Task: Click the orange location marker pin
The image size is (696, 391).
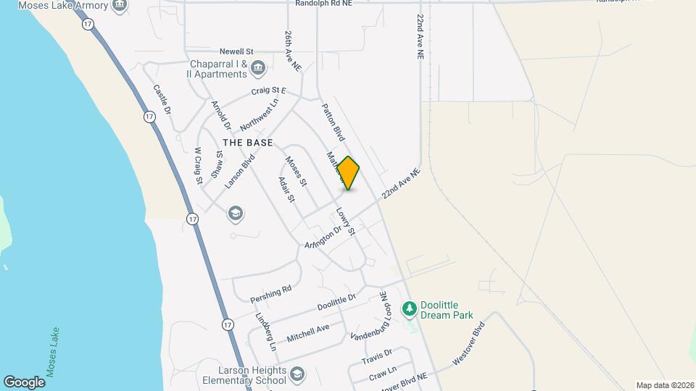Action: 349,173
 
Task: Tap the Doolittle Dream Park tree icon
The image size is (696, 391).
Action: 410,309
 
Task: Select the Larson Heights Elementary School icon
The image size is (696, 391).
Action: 297,374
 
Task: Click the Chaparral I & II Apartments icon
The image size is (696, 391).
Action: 258,69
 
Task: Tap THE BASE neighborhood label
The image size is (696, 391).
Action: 248,143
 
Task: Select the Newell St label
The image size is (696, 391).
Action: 236,52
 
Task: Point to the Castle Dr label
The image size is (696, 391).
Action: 162,101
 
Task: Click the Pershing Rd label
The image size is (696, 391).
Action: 270,293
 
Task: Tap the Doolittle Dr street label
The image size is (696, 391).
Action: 336,303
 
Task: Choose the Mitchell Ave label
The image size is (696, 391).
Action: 307,333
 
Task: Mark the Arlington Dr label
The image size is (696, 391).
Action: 323,238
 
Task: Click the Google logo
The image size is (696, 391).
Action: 23,382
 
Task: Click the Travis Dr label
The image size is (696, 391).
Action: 376,357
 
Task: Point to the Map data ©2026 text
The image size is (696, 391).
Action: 663,385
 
